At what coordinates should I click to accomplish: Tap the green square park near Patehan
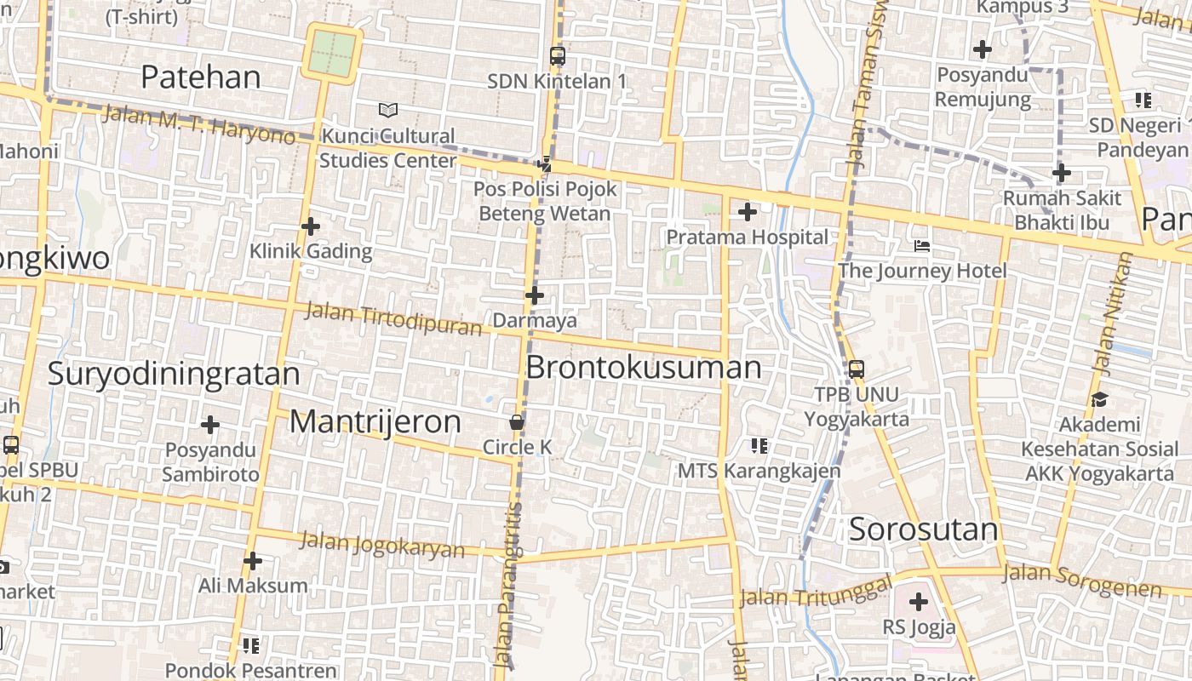332,53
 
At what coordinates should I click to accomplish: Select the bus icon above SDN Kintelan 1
558,56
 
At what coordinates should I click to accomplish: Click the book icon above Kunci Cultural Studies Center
388,110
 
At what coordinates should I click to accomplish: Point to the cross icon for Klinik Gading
311,226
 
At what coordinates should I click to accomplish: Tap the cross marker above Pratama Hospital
748,211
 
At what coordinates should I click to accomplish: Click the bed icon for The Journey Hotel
922,247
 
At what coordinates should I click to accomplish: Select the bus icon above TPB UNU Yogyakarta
857,369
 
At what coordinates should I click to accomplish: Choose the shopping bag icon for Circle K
516,421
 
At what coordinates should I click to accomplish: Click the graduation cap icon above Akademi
1099,399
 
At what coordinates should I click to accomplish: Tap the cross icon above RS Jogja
918,602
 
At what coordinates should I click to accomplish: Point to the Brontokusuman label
644,368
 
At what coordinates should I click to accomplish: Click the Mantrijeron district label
375,422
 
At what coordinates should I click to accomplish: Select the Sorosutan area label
924,529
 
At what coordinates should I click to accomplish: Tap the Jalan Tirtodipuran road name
393,319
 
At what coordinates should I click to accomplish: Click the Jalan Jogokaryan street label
383,544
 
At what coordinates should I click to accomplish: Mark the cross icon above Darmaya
535,295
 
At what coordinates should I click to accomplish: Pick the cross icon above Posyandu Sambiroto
210,424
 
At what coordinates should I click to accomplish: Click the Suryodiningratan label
174,375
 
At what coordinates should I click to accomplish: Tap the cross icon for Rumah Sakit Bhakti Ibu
1061,174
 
